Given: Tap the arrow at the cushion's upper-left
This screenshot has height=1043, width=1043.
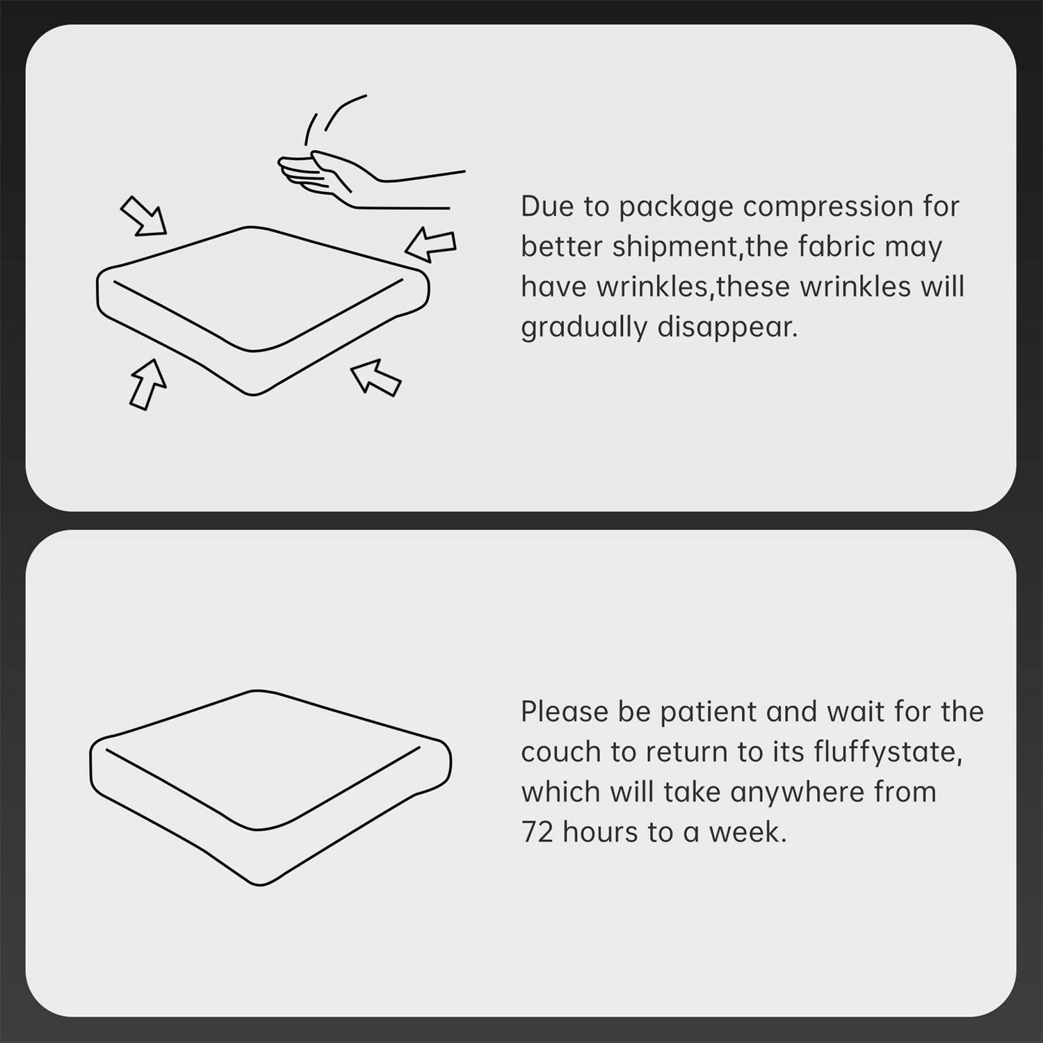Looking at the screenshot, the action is pyautogui.click(x=144, y=216).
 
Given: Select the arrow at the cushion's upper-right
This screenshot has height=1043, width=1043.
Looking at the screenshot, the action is pyautogui.click(x=430, y=244).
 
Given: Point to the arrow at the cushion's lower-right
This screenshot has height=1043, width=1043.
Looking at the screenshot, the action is pyautogui.click(x=375, y=378).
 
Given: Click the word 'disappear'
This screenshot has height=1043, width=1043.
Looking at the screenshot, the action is pyautogui.click(x=727, y=328).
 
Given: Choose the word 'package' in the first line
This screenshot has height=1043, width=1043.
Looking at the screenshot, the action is pyautogui.click(x=675, y=207).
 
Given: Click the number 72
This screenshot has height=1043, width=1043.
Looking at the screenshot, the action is pyautogui.click(x=537, y=832).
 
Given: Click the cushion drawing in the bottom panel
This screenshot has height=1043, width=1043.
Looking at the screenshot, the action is pyautogui.click(x=270, y=788).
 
